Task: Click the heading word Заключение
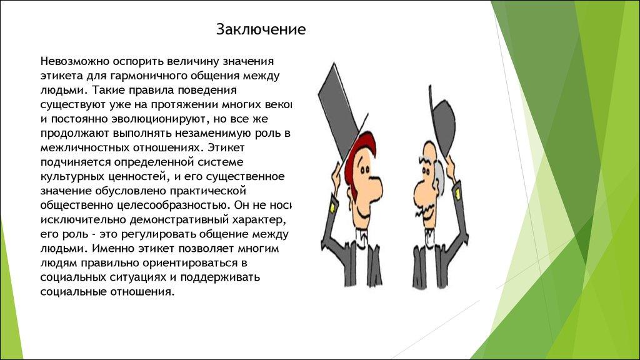pyautogui.click(x=261, y=30)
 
